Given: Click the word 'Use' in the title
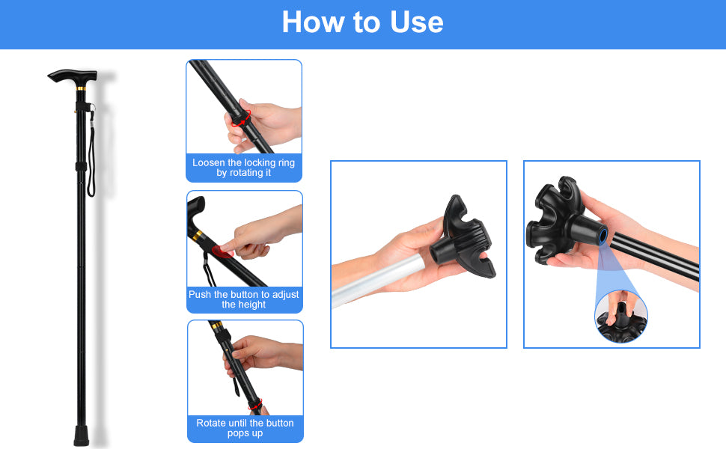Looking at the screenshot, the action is pos(417,22).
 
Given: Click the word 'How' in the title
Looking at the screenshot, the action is pos(314,22).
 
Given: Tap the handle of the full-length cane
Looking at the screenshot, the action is pos(73,76).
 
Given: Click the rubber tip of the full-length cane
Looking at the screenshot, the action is pos(81,436).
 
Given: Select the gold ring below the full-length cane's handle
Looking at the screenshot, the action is pos(81,88).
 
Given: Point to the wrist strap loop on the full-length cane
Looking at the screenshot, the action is pos(91,153).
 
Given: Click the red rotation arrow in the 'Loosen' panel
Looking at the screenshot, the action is pos(241,119).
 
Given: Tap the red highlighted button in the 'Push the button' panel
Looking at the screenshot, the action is pos(222,251).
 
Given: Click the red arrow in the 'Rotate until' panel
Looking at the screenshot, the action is pos(255,405).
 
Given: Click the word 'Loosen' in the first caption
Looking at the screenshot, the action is pos(209,162).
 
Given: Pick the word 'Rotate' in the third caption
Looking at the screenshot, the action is pos(211,423).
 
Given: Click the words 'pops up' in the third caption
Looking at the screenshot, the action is pos(245,433).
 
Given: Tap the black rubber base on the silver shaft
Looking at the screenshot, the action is pos(463,239).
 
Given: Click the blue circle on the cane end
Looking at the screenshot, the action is pos(603,236).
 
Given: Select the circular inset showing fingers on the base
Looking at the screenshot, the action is pos(621,317).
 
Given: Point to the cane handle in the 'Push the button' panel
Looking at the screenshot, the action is pos(196,213).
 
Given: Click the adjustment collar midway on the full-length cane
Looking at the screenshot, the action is pos(81,166).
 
